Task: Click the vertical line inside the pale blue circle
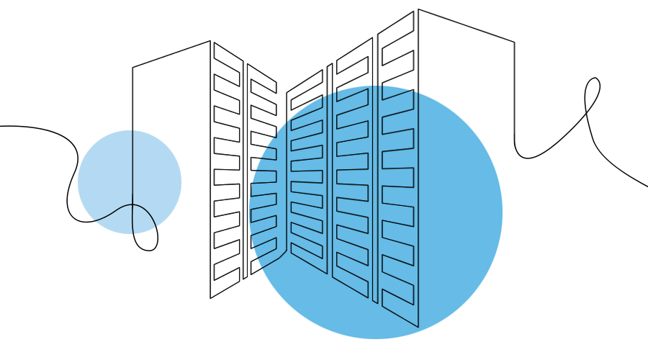tap(132, 166)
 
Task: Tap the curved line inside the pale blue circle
tap(108, 215)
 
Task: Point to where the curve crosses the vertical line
tap(132, 205)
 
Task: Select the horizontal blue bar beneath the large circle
tap(375, 333)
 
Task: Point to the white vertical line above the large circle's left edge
tap(281, 108)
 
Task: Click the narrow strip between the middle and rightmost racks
tap(375, 194)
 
